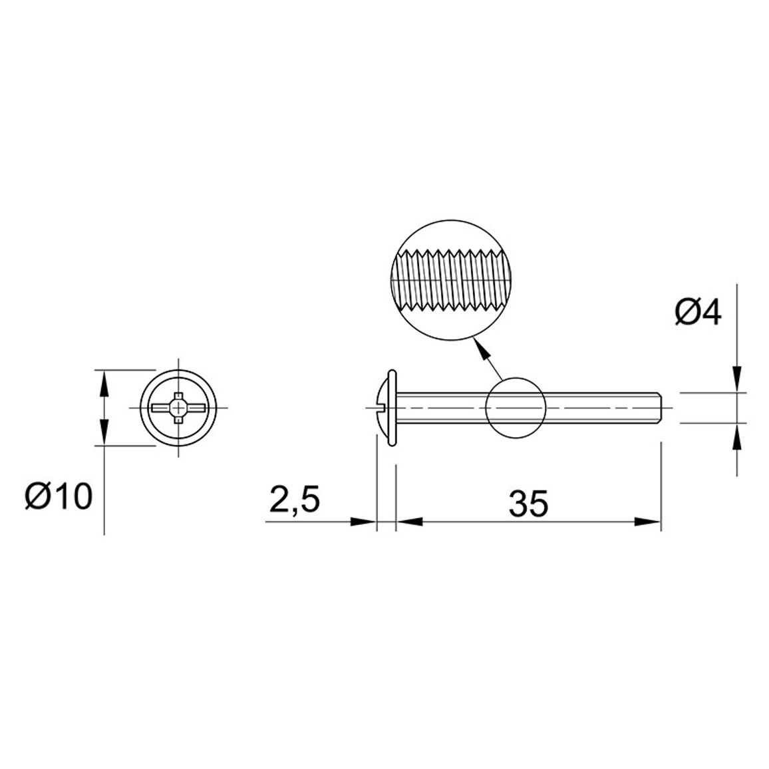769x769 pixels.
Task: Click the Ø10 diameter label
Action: (x=59, y=496)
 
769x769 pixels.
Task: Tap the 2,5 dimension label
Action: (x=295, y=500)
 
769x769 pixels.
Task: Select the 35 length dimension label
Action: (x=528, y=503)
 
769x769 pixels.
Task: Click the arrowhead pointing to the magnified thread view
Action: (x=482, y=349)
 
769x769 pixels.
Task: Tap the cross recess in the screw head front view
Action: (x=178, y=407)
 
